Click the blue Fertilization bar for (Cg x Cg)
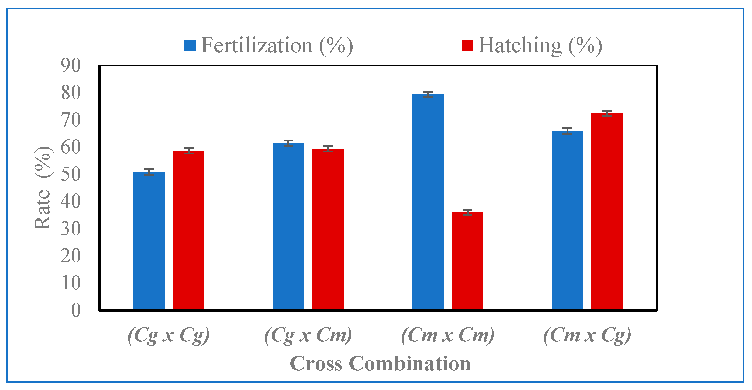[149, 240]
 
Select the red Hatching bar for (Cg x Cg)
[189, 230]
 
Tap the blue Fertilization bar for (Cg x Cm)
[288, 226]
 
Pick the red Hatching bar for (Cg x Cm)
[328, 229]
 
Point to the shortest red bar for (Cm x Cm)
[468, 260]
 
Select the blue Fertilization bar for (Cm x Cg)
[568, 220]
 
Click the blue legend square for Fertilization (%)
[190, 46]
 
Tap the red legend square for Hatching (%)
[467, 46]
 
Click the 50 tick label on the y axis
[71, 174]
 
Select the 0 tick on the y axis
[76, 310]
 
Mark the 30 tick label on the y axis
[71, 229]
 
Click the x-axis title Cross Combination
[380, 363]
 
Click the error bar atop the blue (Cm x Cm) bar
[428, 94]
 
